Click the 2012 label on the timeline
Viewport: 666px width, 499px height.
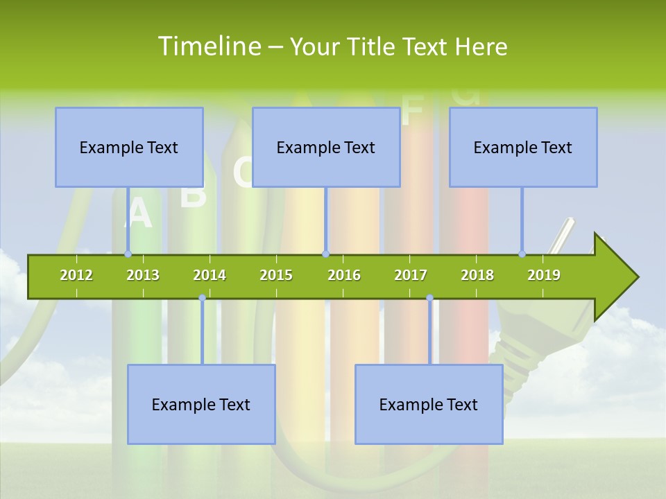[x=76, y=275]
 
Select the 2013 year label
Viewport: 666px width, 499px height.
[x=143, y=275]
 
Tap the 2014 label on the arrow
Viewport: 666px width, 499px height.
[x=210, y=275]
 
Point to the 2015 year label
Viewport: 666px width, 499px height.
[x=276, y=275]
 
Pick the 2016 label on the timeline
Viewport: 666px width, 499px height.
[x=344, y=275]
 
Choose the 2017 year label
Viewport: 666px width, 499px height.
[x=411, y=275]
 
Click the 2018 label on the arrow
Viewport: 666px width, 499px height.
[x=477, y=275]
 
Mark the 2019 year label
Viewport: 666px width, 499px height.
[x=544, y=275]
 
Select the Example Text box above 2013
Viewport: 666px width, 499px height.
[x=129, y=147]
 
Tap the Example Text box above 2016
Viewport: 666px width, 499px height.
[x=326, y=147]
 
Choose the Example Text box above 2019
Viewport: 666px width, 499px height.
[x=523, y=147]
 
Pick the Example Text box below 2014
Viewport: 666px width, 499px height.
[x=201, y=404]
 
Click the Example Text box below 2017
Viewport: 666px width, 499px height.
[x=429, y=404]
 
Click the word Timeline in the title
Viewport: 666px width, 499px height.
[x=208, y=46]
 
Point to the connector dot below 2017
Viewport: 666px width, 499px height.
[x=429, y=297]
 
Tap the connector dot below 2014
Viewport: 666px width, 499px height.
[x=202, y=297]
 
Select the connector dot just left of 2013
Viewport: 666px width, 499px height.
[x=128, y=254]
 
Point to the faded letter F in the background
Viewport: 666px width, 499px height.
[x=412, y=111]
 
